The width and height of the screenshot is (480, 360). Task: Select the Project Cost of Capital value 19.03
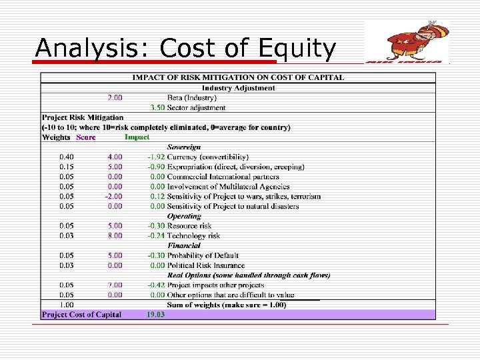(155, 315)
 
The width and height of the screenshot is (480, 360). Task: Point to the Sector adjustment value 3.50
(157, 107)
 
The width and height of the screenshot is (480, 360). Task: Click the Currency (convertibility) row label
(207, 157)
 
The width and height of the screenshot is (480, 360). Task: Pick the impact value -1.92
(156, 157)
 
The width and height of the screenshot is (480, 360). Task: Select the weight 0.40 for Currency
(67, 157)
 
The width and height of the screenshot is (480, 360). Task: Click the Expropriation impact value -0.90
(156, 167)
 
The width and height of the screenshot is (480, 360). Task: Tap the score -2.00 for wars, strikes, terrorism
(113, 196)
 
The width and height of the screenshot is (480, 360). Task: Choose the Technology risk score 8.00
(115, 235)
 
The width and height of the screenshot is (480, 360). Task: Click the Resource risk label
(189, 226)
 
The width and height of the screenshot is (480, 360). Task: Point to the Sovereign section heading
(184, 147)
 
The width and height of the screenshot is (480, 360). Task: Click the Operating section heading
(184, 216)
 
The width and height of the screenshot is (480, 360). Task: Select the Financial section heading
(184, 245)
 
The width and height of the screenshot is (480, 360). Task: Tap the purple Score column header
(85, 137)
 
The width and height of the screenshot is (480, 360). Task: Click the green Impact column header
(137, 137)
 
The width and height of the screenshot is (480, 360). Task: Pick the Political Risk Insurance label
(206, 265)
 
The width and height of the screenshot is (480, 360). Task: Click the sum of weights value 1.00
(67, 305)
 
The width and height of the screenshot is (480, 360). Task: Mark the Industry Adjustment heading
(238, 88)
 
